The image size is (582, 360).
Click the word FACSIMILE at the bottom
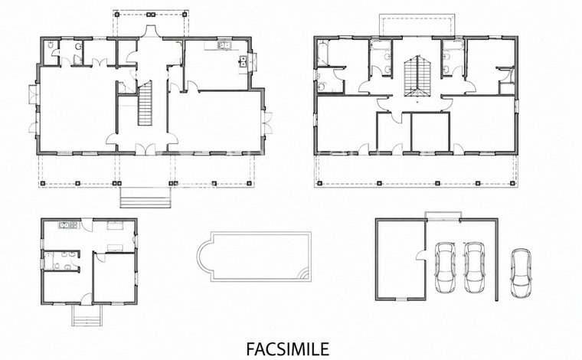287,349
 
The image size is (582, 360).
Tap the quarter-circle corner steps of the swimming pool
305,274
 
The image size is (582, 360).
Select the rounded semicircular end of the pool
204,257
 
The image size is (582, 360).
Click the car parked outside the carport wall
521,273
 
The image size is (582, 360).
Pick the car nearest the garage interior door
445,267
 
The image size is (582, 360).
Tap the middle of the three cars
474,267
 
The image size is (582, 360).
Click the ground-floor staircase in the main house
145,103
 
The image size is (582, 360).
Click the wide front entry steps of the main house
145,198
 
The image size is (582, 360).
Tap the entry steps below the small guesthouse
87,316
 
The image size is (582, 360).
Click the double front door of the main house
145,149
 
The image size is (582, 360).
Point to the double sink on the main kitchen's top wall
224,45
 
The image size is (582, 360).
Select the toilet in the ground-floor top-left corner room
51,45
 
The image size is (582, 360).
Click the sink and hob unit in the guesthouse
68,224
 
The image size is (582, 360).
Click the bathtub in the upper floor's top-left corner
322,53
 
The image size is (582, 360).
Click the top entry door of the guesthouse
87,224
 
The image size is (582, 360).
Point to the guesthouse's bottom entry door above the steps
87,299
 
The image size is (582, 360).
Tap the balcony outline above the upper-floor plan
417,25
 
